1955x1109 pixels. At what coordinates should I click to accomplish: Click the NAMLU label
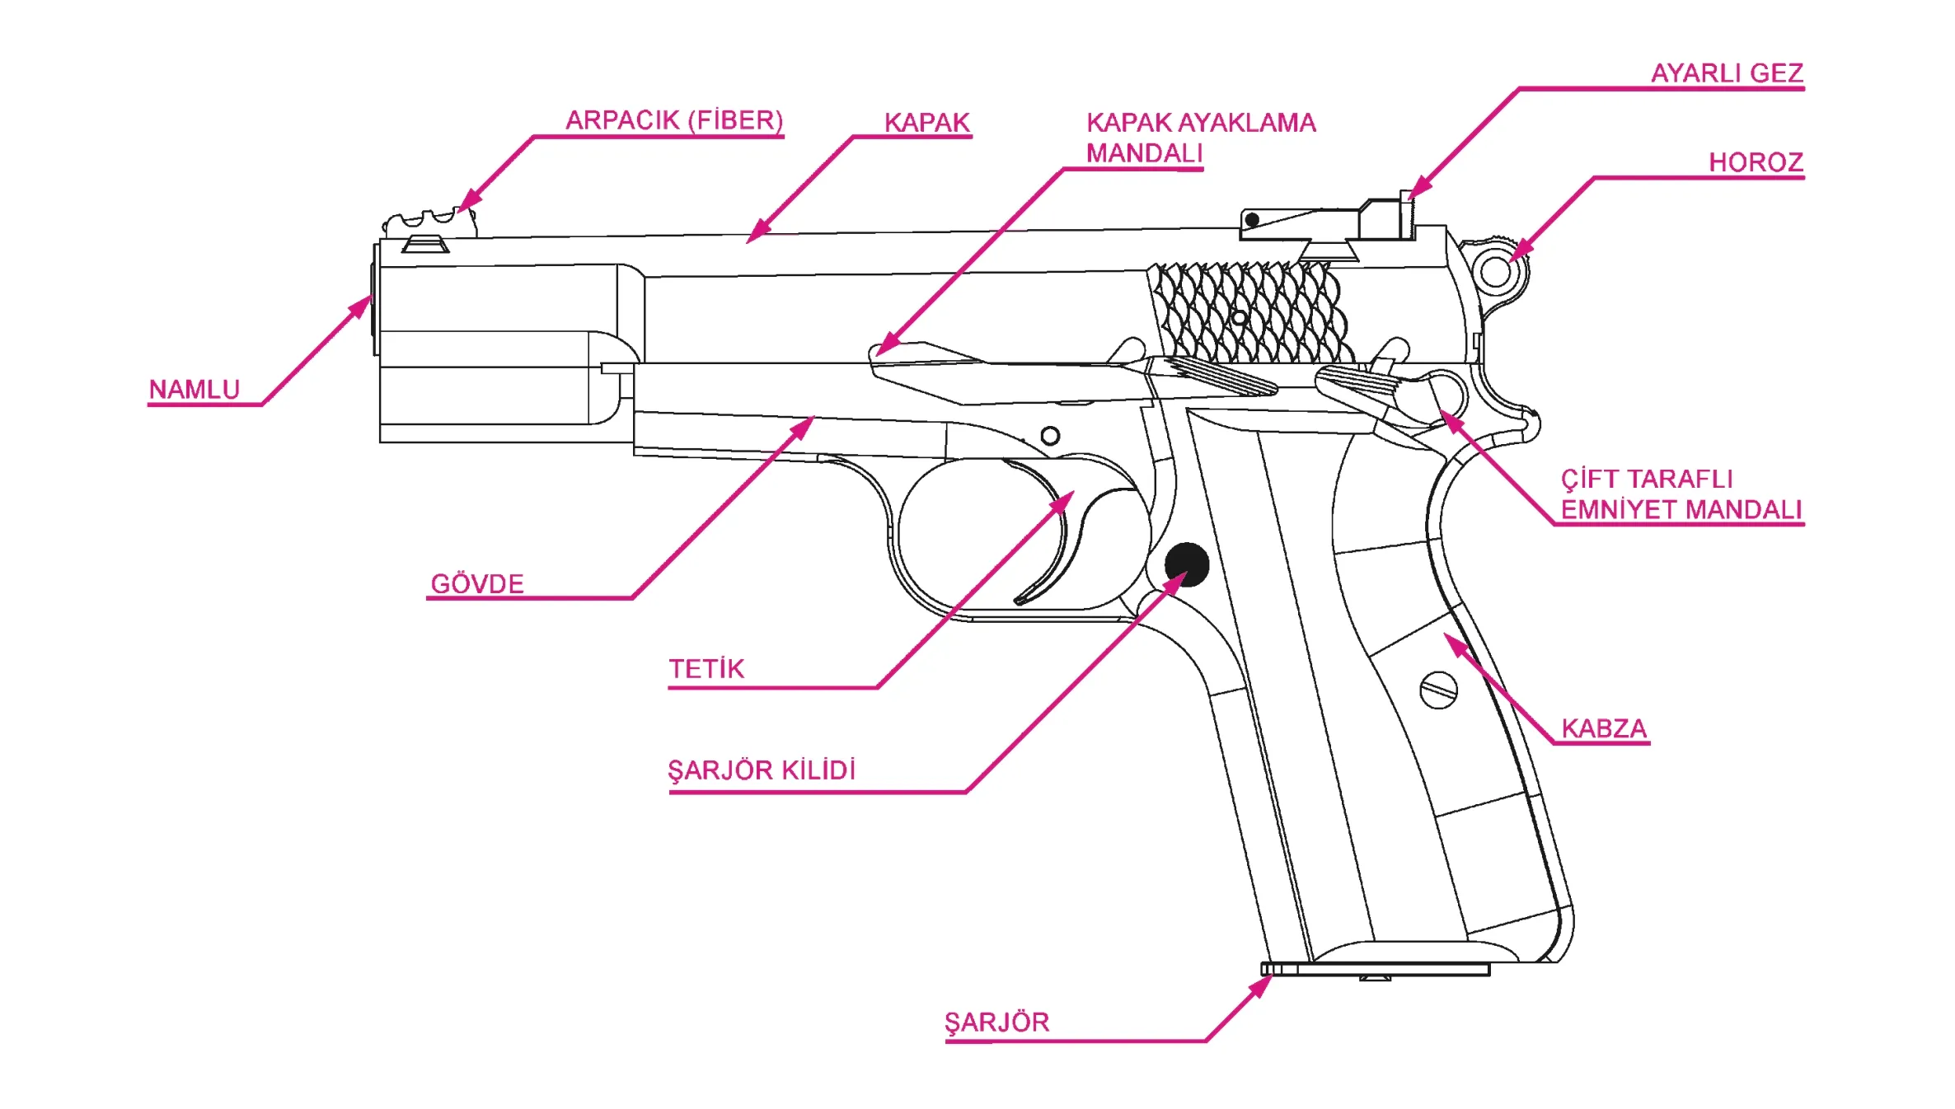click(194, 389)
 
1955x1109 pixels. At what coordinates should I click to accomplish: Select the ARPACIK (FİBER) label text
click(673, 120)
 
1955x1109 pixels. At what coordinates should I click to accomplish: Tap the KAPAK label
click(926, 123)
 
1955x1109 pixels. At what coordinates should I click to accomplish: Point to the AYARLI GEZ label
click(1727, 73)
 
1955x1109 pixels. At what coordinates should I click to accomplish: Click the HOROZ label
click(1756, 162)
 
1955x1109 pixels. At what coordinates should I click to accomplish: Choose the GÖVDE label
click(477, 584)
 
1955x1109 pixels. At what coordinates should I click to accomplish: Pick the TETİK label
click(706, 669)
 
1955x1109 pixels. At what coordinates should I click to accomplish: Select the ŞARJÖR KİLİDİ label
click(762, 771)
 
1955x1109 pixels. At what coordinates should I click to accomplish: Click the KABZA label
click(1604, 729)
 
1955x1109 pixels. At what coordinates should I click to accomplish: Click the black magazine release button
click(1187, 564)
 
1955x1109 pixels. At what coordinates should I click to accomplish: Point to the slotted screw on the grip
click(1438, 690)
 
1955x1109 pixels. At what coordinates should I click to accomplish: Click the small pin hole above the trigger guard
click(1050, 436)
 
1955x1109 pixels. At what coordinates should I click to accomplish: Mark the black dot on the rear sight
click(1252, 220)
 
